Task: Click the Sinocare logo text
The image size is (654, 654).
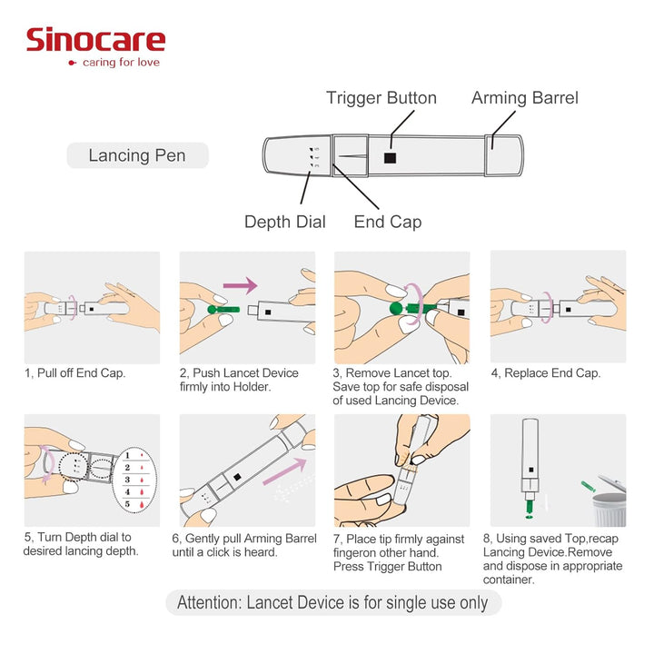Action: (95, 40)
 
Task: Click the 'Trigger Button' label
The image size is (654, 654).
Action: (381, 98)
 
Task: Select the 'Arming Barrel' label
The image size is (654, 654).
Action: (524, 98)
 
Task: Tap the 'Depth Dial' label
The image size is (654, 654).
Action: (284, 222)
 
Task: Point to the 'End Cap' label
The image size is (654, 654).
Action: (387, 222)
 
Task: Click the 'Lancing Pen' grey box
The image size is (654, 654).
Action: (137, 155)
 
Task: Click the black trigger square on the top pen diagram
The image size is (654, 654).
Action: (390, 157)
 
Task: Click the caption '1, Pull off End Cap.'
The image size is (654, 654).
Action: (75, 373)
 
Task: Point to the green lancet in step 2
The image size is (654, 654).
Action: (222, 312)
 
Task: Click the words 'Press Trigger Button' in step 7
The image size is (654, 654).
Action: (388, 567)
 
